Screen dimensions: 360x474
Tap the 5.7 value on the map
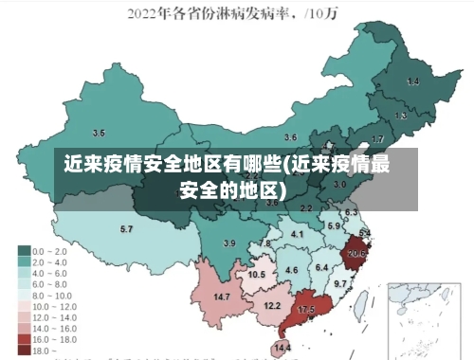(126, 229)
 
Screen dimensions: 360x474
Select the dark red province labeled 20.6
(356, 253)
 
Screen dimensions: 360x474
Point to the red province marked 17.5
(306, 310)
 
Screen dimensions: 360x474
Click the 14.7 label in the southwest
(222, 297)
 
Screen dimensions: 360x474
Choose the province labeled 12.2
(272, 305)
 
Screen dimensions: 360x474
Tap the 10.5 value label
(256, 275)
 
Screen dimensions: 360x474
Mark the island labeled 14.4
(282, 348)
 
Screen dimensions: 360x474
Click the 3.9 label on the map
(228, 243)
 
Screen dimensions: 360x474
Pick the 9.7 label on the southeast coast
(340, 283)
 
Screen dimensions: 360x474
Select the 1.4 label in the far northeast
(412, 82)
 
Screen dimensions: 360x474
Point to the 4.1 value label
(297, 234)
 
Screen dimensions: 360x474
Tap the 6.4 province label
(320, 268)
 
